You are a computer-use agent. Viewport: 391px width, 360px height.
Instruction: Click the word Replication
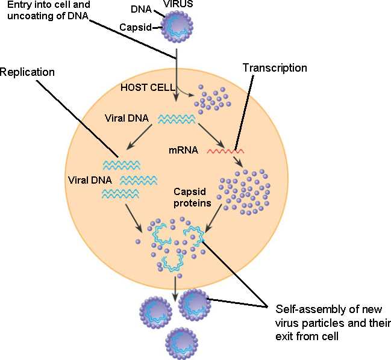[27, 72]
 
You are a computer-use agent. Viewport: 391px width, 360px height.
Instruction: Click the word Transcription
[275, 68]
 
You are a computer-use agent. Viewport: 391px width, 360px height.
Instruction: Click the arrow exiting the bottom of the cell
[175, 288]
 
